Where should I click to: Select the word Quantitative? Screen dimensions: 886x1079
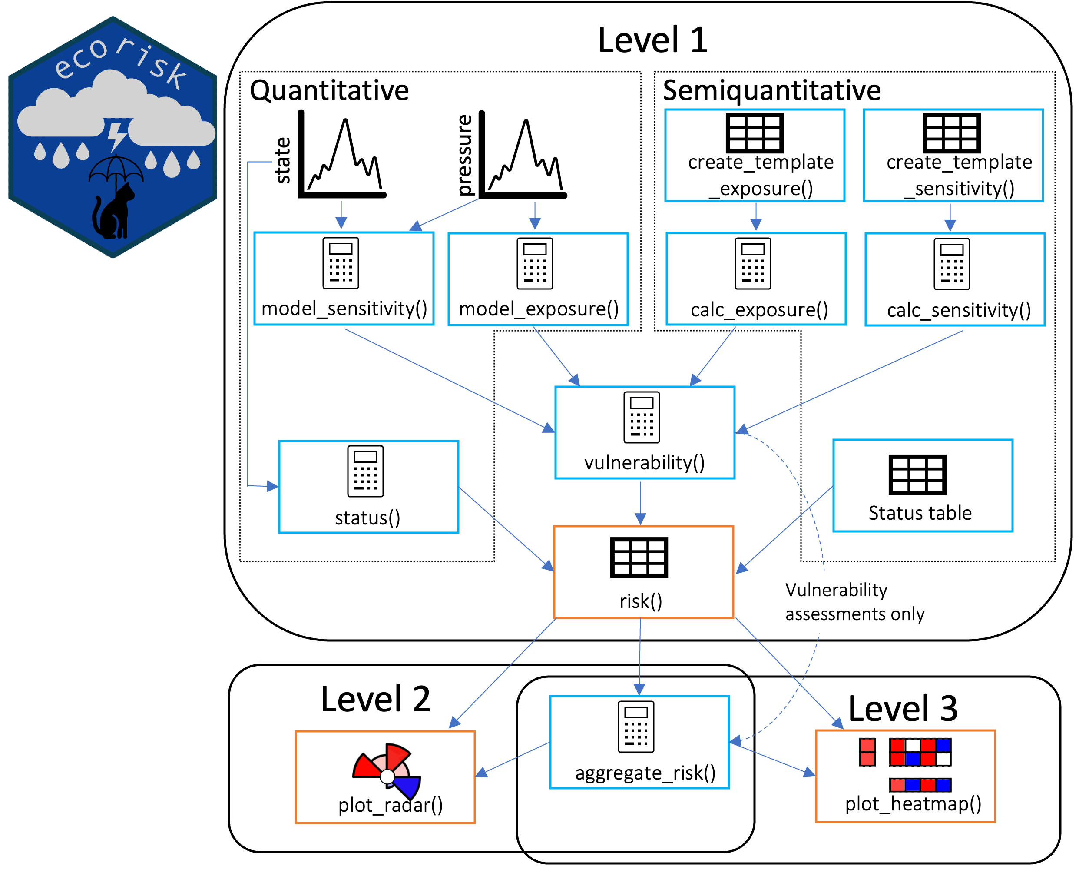(x=329, y=90)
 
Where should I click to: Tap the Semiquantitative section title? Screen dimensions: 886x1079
(x=771, y=90)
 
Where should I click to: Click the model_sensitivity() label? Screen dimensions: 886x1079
(x=344, y=309)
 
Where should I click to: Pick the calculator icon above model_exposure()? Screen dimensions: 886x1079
(x=535, y=263)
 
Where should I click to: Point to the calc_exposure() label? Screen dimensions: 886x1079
(x=759, y=310)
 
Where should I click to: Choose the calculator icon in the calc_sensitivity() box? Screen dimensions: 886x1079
(x=951, y=264)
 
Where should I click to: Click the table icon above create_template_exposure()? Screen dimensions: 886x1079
(x=755, y=133)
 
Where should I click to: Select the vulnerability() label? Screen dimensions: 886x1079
(x=644, y=462)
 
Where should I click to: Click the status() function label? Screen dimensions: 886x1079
(x=367, y=518)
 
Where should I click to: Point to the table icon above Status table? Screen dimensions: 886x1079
(x=917, y=475)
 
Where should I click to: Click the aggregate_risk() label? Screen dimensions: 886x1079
(x=645, y=773)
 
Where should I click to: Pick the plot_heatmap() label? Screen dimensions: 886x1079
(x=913, y=804)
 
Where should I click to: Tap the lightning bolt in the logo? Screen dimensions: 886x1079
(x=117, y=135)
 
